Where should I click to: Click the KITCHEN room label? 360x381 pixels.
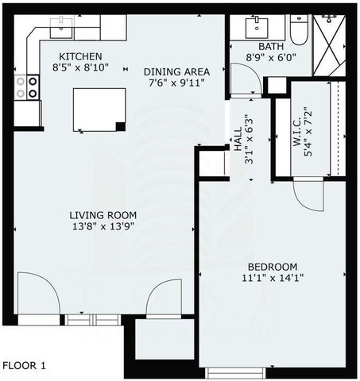click(81, 56)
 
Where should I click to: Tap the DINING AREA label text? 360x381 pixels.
click(178, 71)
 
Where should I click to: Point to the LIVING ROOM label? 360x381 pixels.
click(103, 214)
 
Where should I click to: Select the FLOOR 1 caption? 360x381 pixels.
click(24, 366)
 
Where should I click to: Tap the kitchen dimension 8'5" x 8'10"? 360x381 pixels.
click(81, 68)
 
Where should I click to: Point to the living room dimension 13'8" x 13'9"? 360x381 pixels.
click(103, 226)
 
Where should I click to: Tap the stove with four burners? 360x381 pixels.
click(33, 87)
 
